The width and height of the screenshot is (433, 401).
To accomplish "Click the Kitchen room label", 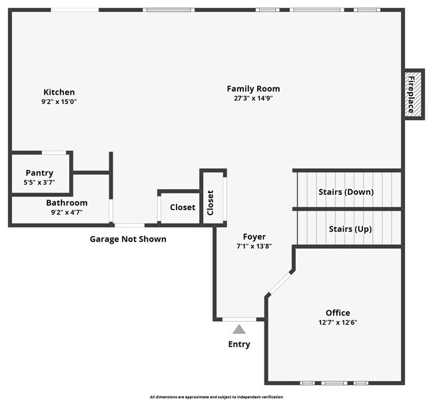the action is click(59, 92).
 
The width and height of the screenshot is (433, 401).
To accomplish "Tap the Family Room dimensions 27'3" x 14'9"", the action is click(253, 98).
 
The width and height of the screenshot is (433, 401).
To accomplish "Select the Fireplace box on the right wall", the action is click(413, 94).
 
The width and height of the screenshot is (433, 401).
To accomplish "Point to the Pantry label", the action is click(39, 173).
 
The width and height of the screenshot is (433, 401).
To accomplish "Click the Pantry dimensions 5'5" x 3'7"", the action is click(39, 183).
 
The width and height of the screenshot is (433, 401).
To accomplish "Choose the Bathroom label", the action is click(67, 203).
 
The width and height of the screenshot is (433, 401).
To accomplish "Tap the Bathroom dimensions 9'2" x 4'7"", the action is click(67, 212).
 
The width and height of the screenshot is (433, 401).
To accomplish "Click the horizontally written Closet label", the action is click(183, 207).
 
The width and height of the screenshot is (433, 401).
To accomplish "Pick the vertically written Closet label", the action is click(211, 203).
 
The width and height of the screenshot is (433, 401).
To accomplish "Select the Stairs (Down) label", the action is click(346, 192).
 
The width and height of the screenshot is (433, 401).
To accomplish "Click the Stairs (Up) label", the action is click(350, 229).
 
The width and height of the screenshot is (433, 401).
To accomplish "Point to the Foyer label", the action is click(254, 237).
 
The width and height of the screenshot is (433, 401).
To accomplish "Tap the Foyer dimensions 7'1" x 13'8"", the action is click(254, 246).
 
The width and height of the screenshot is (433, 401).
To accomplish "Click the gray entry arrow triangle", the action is click(239, 330).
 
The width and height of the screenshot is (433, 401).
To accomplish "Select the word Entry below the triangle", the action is click(239, 344).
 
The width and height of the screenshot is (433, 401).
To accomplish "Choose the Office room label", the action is click(338, 313).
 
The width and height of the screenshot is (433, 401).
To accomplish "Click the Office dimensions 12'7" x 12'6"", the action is click(338, 322).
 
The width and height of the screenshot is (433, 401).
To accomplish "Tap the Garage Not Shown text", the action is click(128, 240).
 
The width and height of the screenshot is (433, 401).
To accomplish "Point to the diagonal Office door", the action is click(280, 283).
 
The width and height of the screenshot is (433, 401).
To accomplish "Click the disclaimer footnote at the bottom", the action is click(217, 397).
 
